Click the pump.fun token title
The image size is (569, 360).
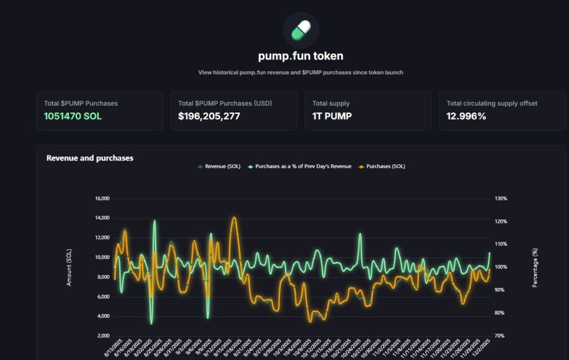(301, 56)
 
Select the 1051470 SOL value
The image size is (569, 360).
(73, 116)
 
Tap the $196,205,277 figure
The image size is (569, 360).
(209, 116)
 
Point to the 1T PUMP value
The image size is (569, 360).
(332, 116)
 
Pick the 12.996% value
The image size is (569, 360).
(466, 116)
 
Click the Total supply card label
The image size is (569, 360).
(331, 103)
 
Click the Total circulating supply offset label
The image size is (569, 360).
(492, 103)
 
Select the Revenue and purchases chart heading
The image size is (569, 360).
(89, 158)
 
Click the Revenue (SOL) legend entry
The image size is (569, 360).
(219, 166)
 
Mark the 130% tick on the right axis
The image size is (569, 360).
(500, 198)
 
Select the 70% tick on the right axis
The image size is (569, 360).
(499, 336)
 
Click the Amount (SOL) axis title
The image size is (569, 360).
(69, 267)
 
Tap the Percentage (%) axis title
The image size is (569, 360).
(535, 267)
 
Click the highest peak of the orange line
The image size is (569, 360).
(234, 217)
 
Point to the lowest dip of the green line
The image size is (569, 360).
(151, 323)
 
